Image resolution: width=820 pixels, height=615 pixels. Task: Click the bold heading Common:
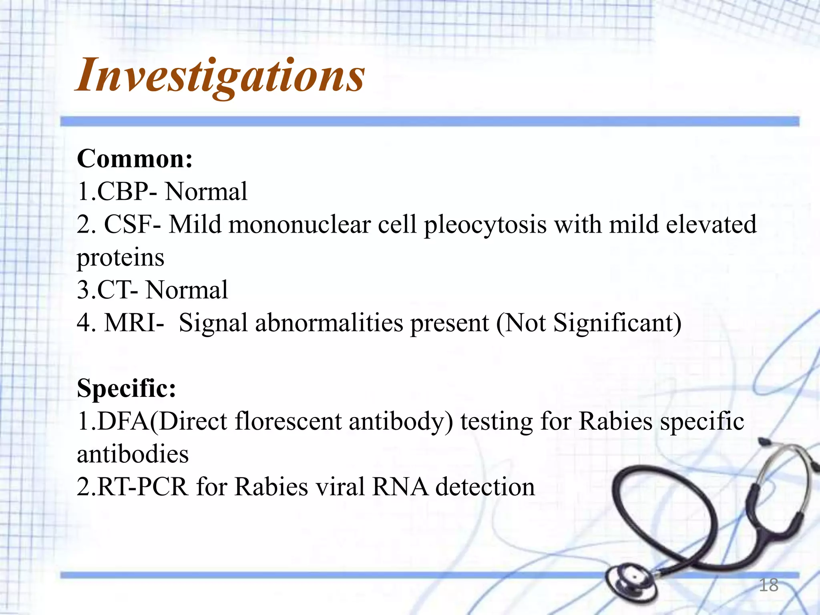coord(135,159)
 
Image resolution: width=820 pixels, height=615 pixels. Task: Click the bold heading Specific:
coord(127,388)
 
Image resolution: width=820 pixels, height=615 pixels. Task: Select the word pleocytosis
coord(485,225)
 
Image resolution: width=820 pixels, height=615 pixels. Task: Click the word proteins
coord(121,257)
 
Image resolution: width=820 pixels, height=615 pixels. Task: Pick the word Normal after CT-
coord(187,290)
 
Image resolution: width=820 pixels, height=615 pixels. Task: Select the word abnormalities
coord(329,323)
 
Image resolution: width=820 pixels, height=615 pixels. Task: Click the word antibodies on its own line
coord(133,454)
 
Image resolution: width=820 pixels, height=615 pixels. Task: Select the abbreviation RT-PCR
coord(142,487)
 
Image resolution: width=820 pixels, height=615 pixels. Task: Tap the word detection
coord(485,487)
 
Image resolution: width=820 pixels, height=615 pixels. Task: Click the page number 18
coord(768,585)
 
